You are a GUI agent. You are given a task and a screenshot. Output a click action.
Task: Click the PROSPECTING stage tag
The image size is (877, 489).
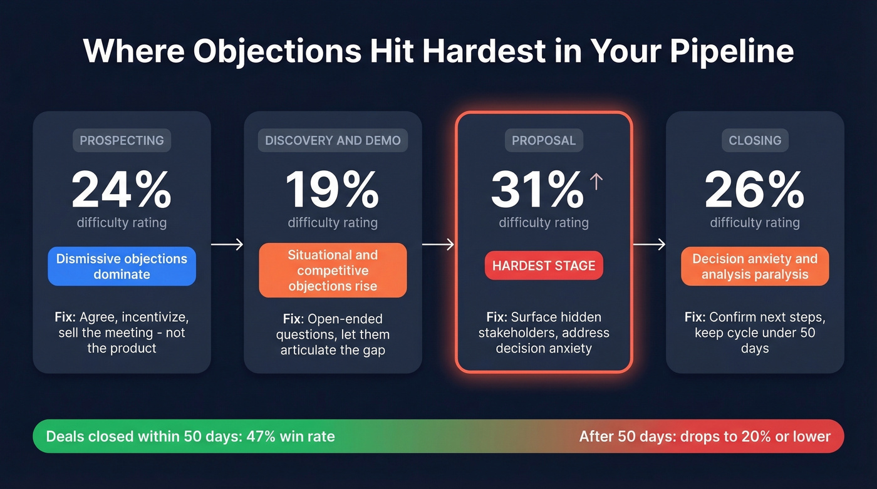[122, 140]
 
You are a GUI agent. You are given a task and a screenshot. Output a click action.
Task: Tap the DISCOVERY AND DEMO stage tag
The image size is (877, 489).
[333, 140]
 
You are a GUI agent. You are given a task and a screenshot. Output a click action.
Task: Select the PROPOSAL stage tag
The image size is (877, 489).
[544, 140]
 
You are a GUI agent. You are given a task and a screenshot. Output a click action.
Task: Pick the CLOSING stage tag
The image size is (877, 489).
[755, 140]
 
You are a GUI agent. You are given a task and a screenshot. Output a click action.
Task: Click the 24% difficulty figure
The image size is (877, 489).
[122, 190]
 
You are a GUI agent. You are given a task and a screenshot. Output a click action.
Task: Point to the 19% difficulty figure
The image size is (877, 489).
[333, 190]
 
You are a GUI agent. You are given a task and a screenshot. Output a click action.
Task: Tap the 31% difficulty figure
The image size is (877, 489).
[537, 190]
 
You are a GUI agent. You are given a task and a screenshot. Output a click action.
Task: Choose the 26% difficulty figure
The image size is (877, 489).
[755, 190]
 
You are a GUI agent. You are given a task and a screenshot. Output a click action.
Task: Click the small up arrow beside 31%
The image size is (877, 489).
[596, 182]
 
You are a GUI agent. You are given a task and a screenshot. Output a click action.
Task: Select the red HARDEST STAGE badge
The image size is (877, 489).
[544, 265]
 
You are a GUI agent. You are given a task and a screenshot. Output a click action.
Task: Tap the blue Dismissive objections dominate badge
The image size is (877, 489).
[122, 267]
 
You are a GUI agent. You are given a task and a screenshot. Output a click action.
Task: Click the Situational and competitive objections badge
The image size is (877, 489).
[333, 270]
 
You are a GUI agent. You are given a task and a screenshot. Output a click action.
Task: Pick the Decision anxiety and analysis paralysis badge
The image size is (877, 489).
[755, 267]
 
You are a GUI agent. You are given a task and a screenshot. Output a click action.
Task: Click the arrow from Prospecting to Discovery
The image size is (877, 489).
[227, 245]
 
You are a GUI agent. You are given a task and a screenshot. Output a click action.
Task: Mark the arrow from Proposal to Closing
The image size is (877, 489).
[649, 245]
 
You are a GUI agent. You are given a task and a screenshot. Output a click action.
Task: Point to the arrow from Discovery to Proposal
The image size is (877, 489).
[438, 245]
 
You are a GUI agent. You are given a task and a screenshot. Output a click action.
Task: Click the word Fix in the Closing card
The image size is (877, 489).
[695, 317]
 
